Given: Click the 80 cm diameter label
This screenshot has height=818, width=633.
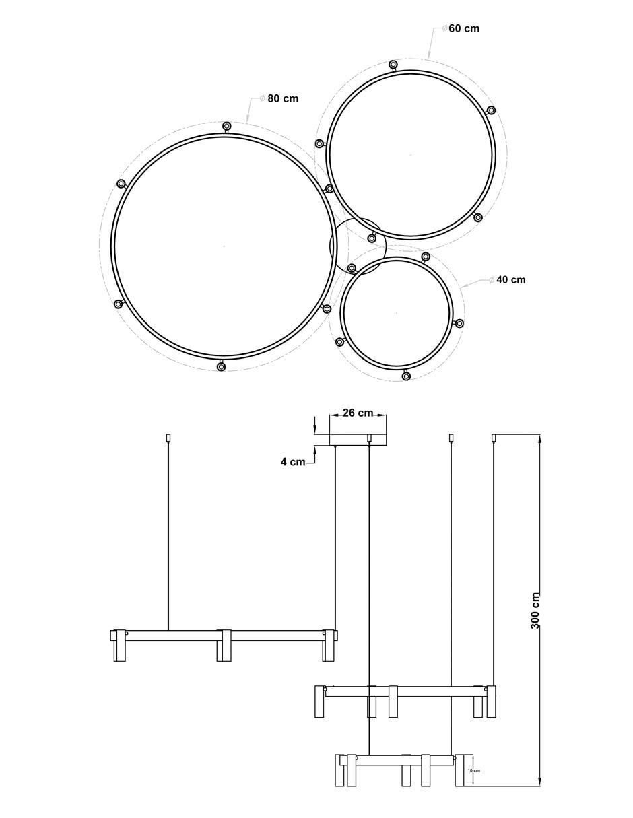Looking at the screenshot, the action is click(283, 98).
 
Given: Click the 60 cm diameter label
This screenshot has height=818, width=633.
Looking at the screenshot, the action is click(464, 28).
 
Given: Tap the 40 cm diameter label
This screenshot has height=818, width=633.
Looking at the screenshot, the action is click(510, 279).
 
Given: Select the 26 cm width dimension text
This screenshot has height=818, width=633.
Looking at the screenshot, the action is click(358, 413).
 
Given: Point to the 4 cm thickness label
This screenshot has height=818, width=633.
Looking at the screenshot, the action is click(293, 461).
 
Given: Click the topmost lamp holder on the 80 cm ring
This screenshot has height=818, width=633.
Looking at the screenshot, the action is click(226, 126).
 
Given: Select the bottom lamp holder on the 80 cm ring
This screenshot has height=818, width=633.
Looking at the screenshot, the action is click(221, 366).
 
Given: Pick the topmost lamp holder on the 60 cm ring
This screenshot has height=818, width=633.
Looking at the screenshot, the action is click(393, 65).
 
